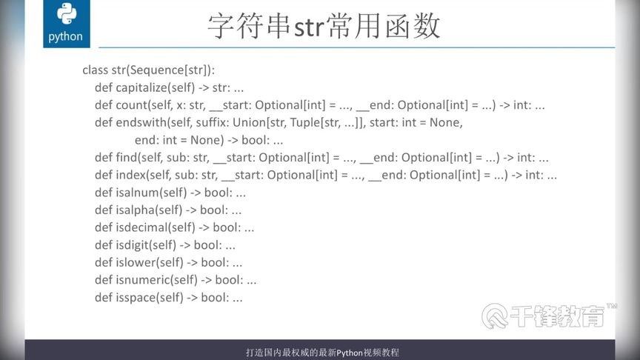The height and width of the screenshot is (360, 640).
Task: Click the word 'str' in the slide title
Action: coord(309,27)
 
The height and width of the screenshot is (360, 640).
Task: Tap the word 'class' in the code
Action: coord(95,70)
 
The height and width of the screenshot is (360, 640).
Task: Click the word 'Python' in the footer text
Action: coord(350,353)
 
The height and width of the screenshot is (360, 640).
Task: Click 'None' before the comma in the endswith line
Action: coord(444,122)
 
